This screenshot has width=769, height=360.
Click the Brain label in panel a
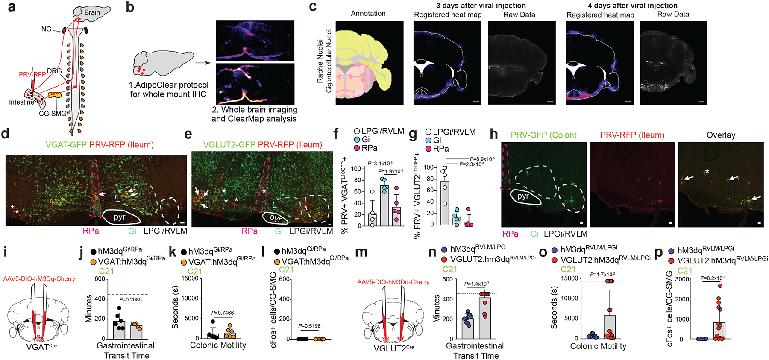coord(92,12)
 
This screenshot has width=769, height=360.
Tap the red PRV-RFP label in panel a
coord(32,74)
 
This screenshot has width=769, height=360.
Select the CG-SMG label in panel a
coord(53,114)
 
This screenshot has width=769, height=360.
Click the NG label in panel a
coord(46,29)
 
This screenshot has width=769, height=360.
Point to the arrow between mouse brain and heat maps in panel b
coord(203,63)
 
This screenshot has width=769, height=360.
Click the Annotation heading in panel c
coord(368,13)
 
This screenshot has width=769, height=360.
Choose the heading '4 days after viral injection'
coord(632,6)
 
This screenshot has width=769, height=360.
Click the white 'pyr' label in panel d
coord(119,217)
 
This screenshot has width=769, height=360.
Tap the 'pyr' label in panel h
coord(523,196)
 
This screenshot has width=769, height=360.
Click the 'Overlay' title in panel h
coord(721,135)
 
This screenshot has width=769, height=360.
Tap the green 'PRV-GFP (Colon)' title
coord(543,135)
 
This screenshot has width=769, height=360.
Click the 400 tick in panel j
coord(100,299)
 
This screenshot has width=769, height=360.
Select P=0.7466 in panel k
coord(223,313)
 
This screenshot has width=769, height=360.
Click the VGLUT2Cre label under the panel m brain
coord(393,348)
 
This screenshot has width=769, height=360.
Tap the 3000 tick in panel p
coord(679,279)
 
